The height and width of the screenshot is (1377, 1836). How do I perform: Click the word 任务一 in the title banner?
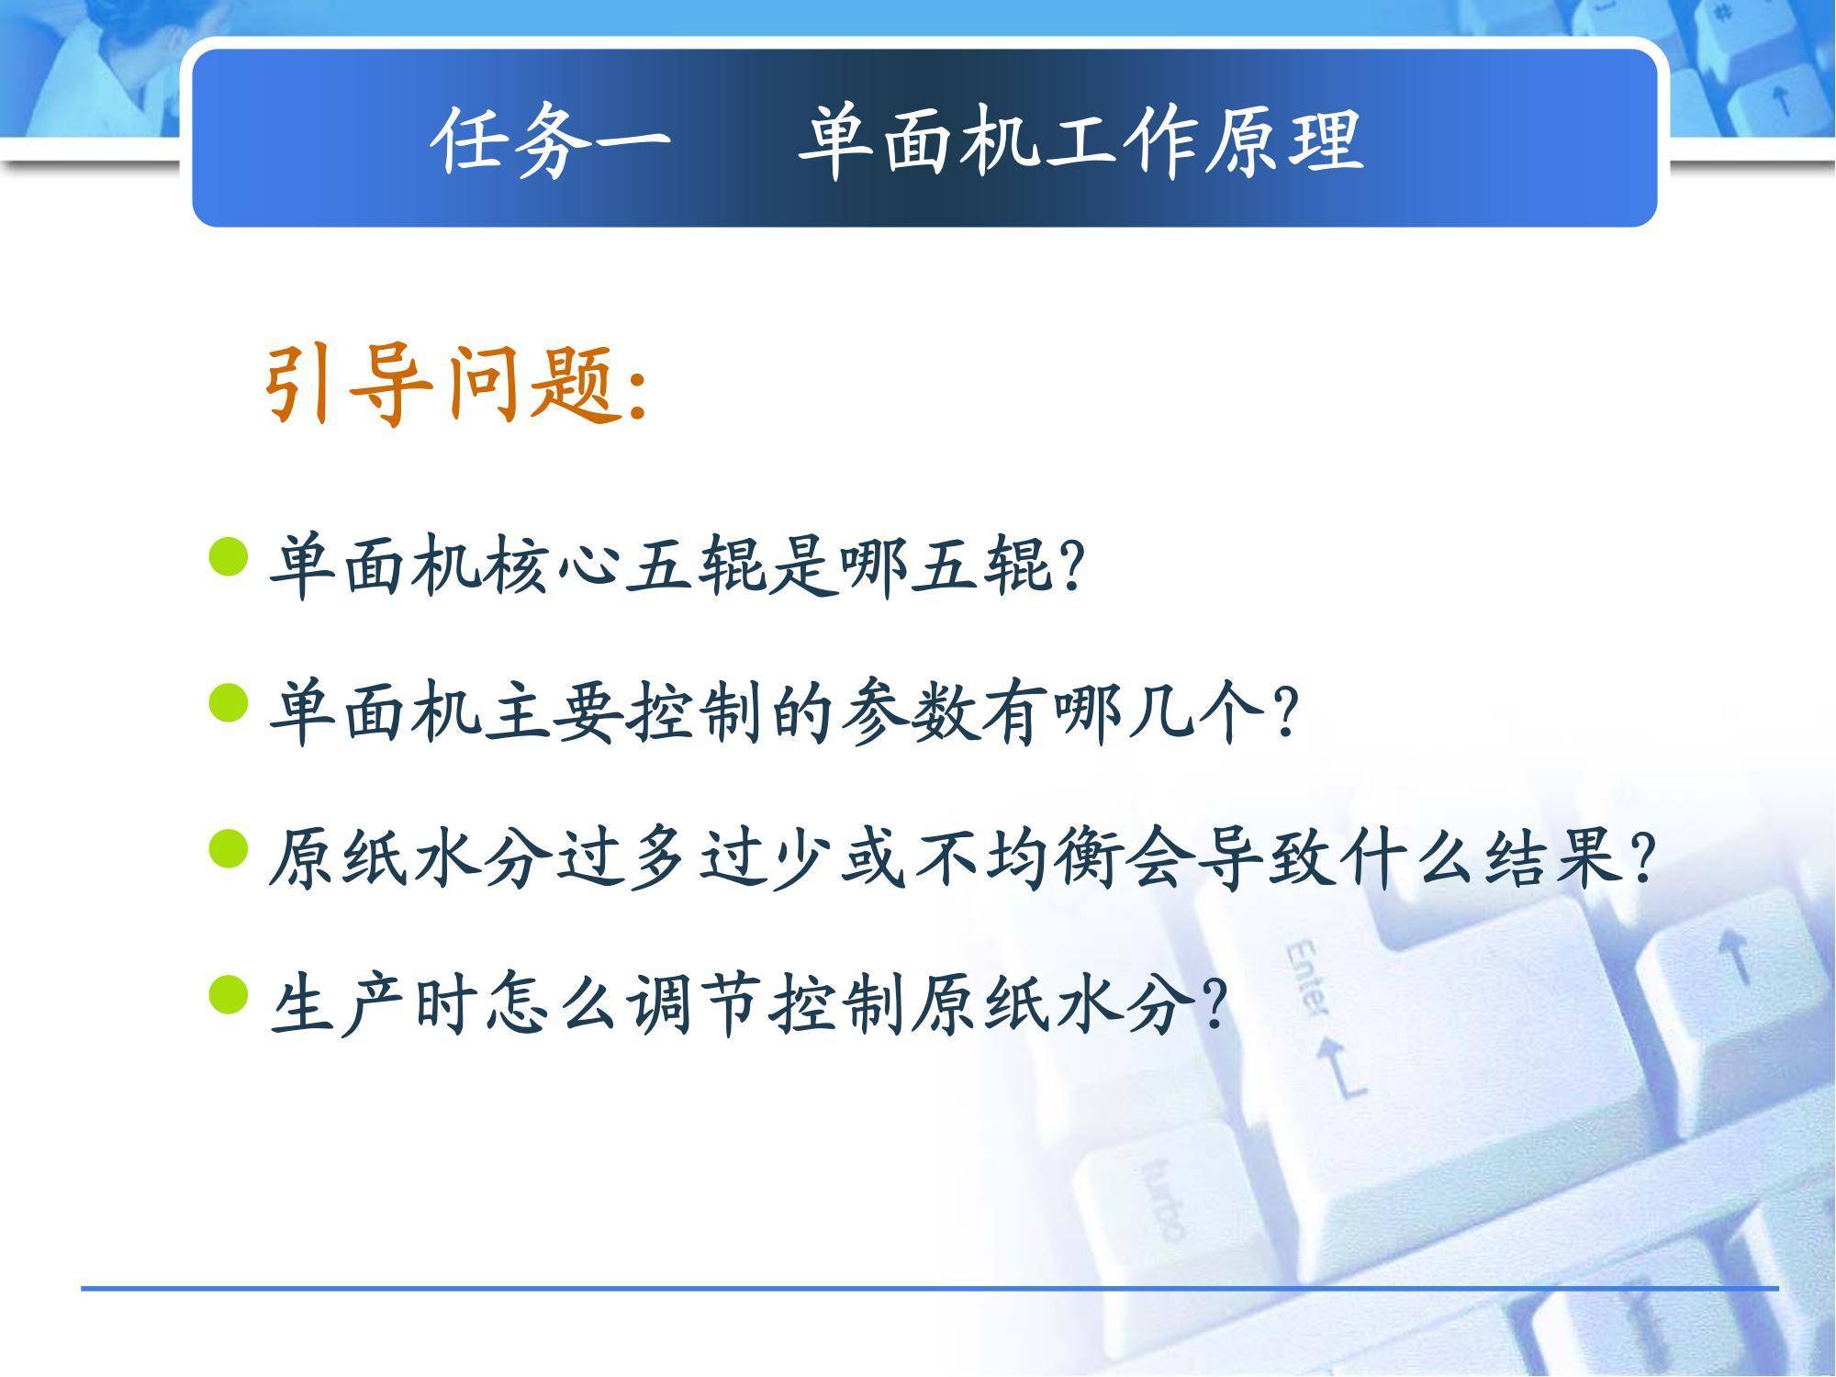point(551,141)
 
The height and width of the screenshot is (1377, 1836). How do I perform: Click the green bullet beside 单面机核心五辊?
point(229,557)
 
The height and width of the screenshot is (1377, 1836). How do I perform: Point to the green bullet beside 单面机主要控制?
point(229,703)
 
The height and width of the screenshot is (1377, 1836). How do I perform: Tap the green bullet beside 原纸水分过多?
point(229,848)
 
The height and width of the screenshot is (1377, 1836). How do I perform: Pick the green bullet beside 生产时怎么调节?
point(229,994)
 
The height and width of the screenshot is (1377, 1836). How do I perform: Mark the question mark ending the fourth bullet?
point(1212,1005)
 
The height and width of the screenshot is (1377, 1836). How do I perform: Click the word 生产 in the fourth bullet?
point(341,1003)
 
